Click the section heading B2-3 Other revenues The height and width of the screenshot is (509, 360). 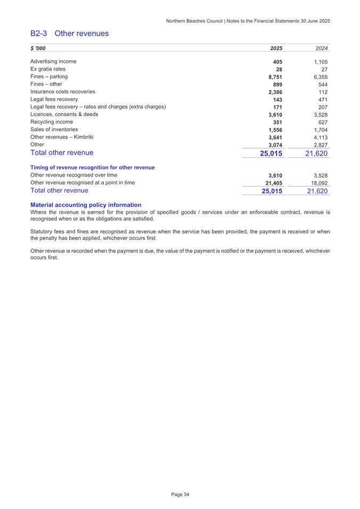click(x=69, y=33)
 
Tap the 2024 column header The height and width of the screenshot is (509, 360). click(x=321, y=48)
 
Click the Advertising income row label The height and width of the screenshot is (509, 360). click(x=53, y=61)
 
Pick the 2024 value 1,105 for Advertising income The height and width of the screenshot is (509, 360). click(x=320, y=62)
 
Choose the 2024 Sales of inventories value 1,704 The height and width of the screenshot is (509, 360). click(x=320, y=130)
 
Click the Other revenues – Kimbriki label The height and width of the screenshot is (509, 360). click(x=62, y=138)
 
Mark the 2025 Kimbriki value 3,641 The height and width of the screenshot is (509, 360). click(x=275, y=138)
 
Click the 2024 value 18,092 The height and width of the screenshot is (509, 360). click(x=318, y=183)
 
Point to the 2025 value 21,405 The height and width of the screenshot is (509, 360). click(x=273, y=183)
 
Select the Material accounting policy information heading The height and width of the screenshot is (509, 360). click(x=86, y=205)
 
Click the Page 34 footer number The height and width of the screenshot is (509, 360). click(x=180, y=495)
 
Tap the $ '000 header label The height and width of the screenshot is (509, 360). click(x=38, y=48)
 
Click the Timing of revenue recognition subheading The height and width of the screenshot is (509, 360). click(x=93, y=167)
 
